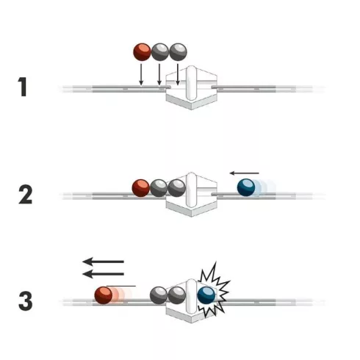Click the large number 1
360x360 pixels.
tap(23, 87)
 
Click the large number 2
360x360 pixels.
tap(26, 195)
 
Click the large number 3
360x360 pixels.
tap(26, 301)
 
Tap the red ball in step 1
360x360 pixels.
tap(142, 52)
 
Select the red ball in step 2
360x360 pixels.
tap(141, 188)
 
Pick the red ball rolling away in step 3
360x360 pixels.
tap(104, 295)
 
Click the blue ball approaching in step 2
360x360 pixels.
tap(246, 187)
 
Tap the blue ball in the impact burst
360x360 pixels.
tap(206, 295)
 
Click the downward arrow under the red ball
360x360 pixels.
tap(141, 75)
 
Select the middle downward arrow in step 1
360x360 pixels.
tap(159, 75)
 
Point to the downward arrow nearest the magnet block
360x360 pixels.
tap(178, 75)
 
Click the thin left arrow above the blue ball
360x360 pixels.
tap(244, 173)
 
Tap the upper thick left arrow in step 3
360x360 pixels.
tap(103, 262)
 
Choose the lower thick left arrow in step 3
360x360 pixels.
tap(103, 274)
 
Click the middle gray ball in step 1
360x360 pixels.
tap(160, 52)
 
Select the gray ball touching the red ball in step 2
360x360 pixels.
tap(159, 188)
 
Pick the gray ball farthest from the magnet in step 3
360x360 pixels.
tap(159, 295)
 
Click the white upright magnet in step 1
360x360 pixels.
tap(191, 83)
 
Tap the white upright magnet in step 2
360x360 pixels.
tap(191, 190)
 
